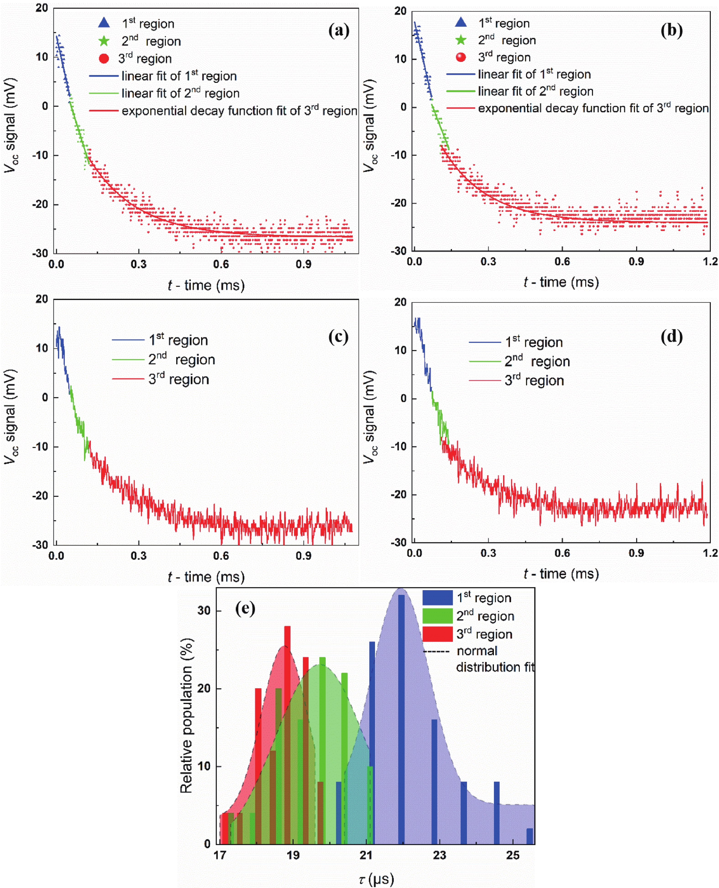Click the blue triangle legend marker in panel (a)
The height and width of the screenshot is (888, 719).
pos(104,23)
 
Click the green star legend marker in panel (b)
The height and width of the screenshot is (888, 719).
pos(461,40)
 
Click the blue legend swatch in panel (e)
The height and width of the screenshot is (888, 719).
pos(437,598)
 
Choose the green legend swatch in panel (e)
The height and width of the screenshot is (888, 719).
pos(437,616)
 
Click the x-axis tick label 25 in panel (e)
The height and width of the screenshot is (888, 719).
pos(513,855)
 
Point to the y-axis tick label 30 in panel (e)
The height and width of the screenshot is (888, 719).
pos(204,610)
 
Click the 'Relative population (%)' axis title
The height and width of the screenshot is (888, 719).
pos(187,716)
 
